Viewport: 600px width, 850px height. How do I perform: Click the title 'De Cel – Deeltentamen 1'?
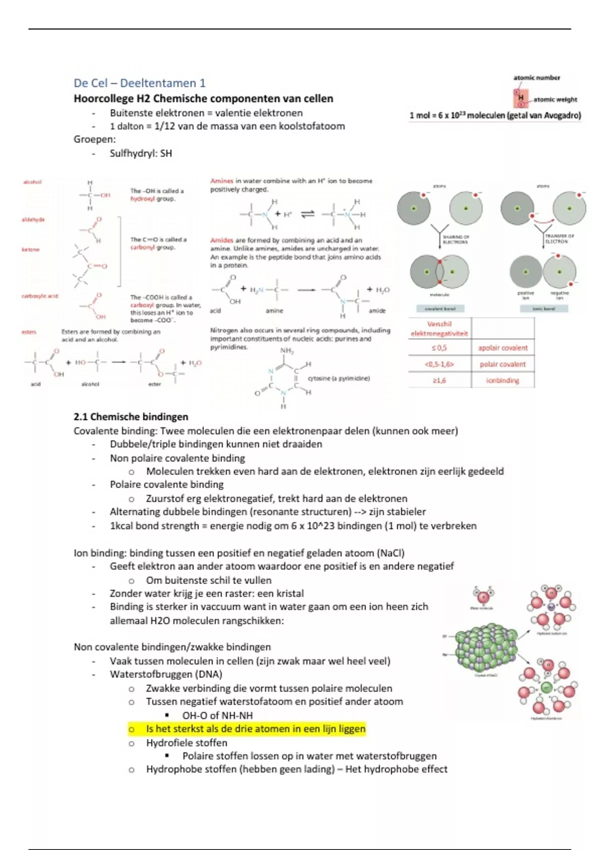(139, 83)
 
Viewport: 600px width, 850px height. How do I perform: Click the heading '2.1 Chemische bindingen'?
(130, 416)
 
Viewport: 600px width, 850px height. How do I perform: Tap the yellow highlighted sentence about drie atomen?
(255, 729)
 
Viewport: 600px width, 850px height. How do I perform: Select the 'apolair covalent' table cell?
(502, 347)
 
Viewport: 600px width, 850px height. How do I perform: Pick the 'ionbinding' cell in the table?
(502, 380)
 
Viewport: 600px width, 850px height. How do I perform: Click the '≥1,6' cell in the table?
(439, 380)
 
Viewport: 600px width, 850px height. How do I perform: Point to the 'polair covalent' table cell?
(502, 364)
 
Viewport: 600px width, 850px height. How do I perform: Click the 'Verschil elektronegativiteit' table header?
(439, 328)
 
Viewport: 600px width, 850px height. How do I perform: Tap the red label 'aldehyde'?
(33, 219)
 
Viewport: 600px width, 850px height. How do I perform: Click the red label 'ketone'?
(30, 249)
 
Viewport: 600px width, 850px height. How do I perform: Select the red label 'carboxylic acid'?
(39, 296)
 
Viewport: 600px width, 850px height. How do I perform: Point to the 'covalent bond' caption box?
(440, 309)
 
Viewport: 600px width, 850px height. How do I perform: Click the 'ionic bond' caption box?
(543, 309)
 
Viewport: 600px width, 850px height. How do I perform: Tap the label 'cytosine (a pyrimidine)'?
(338, 378)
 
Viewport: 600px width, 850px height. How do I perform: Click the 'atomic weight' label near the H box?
(555, 99)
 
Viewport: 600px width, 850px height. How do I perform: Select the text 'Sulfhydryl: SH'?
(140, 153)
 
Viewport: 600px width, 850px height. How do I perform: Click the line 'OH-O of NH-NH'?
(217, 715)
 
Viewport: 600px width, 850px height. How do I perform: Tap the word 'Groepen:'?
(94, 139)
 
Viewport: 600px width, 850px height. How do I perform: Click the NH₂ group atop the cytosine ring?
(287, 351)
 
